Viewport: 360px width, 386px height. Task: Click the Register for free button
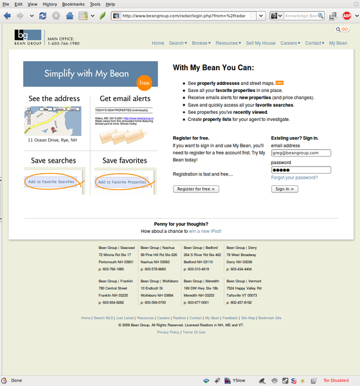(197, 188)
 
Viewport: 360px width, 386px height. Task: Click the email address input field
(301, 153)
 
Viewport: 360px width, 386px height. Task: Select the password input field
(301, 170)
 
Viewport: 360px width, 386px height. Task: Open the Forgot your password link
(294, 178)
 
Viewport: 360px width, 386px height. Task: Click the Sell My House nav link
(260, 43)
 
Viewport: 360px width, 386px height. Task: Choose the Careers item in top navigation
(290, 43)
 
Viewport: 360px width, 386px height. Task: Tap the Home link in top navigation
(158, 43)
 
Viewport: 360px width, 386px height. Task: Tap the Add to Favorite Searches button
(51, 182)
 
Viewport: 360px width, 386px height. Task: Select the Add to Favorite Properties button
(122, 182)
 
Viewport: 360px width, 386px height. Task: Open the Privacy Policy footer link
(168, 332)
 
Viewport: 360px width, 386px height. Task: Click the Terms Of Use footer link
(194, 332)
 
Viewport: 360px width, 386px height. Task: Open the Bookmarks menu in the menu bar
(73, 4)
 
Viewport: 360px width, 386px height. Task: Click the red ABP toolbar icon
(346, 15)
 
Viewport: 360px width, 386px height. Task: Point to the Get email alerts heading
(125, 98)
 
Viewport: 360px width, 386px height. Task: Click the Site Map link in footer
(248, 318)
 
